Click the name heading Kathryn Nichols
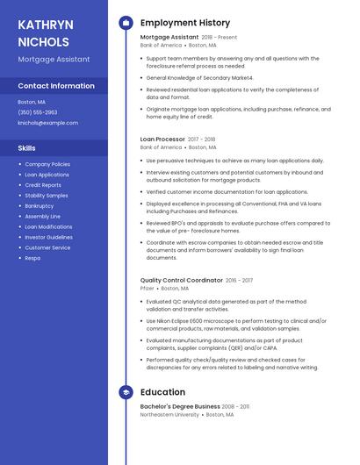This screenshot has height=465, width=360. tap(45, 32)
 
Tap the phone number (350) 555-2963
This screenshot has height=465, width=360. tap(38, 112)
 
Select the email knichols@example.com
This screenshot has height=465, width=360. tap(47, 123)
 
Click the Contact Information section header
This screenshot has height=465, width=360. tap(56, 86)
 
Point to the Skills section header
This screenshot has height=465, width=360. tap(27, 148)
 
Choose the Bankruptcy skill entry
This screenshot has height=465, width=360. tap(40, 205)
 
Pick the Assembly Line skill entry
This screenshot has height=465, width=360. tap(42, 216)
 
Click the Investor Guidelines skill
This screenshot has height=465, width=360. tap(48, 237)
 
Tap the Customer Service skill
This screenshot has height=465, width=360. tap(47, 247)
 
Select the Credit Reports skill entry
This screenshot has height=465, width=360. tap(43, 185)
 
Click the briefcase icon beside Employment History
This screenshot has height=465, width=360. tap(126, 23)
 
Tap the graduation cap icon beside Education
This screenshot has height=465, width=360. tap(126, 392)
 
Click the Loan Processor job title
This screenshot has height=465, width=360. tap(162, 139)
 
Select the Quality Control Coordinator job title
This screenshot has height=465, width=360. tap(181, 280)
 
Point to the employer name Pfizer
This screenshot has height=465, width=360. tap(147, 288)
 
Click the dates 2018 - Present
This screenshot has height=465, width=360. tap(220, 38)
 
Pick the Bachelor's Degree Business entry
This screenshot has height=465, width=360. tap(180, 406)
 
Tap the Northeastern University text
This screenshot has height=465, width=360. tap(169, 414)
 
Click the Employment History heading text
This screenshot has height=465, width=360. tap(184, 23)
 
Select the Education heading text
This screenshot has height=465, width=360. tap(162, 392)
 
